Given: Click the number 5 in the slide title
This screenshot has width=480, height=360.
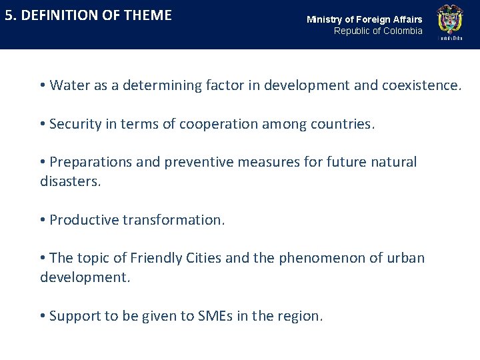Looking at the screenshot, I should pos(9,15).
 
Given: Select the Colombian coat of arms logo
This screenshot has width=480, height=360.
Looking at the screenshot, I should pos(449,21).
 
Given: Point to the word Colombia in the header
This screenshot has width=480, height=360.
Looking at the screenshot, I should pos(403,31).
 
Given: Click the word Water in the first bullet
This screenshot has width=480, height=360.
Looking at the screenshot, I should pos(66,85).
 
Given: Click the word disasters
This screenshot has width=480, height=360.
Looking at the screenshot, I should pos(70,181).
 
